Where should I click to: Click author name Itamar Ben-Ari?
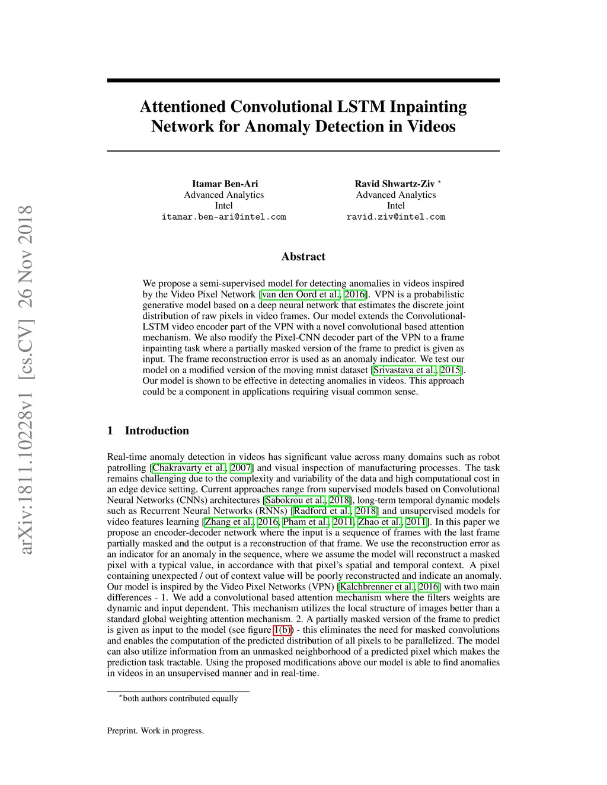click(x=225, y=184)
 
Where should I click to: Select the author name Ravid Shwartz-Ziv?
click(x=394, y=184)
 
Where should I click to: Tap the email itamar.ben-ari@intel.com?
click(x=223, y=217)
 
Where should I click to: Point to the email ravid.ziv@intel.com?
click(x=395, y=217)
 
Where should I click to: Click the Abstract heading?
click(x=303, y=257)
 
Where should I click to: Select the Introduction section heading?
click(x=156, y=431)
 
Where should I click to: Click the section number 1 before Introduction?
click(x=110, y=431)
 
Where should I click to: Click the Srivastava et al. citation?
click(x=405, y=370)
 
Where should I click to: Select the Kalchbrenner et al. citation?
click(x=376, y=587)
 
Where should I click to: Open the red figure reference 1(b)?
click(x=283, y=630)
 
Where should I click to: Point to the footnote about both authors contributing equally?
click(x=178, y=699)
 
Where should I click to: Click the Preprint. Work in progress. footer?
click(x=155, y=730)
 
